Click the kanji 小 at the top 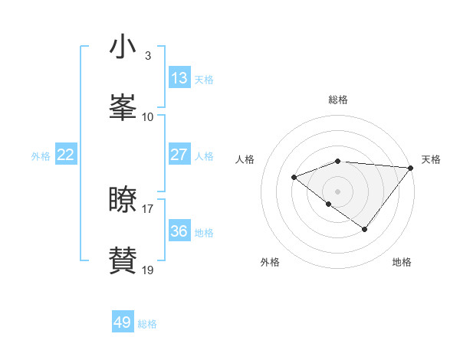tap(123, 47)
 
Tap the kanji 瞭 tap(123, 200)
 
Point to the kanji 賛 tap(123, 260)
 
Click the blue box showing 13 tap(179, 77)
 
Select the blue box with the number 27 tap(179, 155)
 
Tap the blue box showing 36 tap(179, 231)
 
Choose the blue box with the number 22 tap(66, 155)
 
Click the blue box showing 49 tap(123, 322)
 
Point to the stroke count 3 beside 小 tap(148, 56)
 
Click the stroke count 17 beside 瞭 tap(148, 208)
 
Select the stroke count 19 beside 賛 tap(148, 270)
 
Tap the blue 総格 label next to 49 tap(147, 324)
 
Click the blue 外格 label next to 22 tap(41, 156)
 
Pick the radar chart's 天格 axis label tap(431, 159)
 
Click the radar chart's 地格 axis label tap(402, 262)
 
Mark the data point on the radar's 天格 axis tap(412, 168)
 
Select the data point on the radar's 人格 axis tap(294, 178)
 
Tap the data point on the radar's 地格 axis tap(365, 229)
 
